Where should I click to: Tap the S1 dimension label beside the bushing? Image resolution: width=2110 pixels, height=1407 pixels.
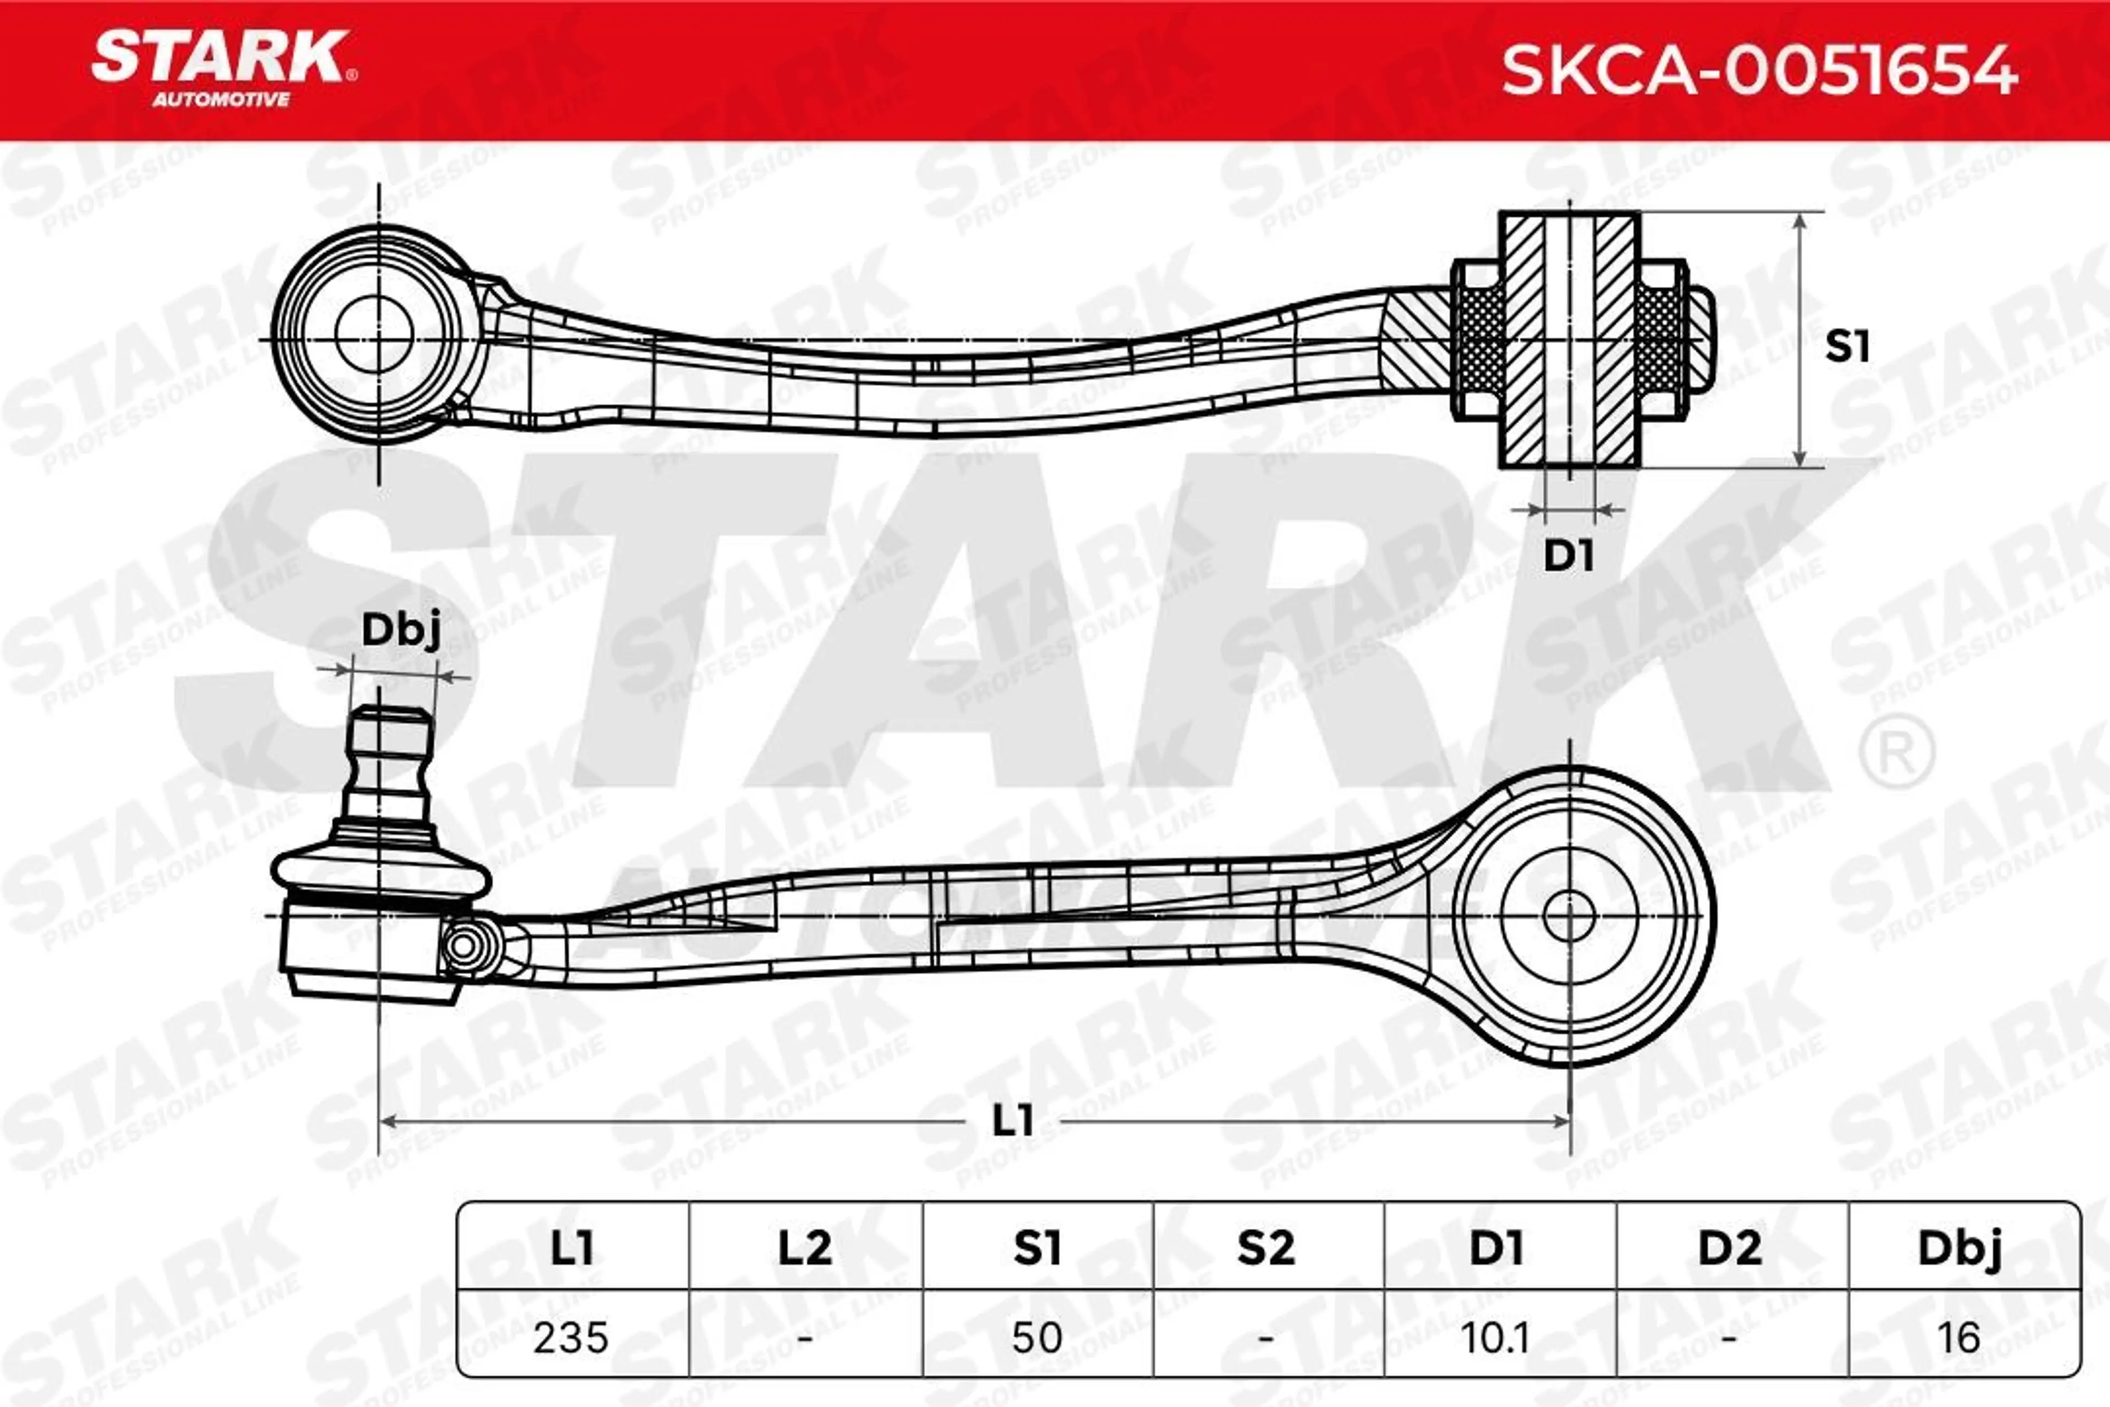pos(1848,346)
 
